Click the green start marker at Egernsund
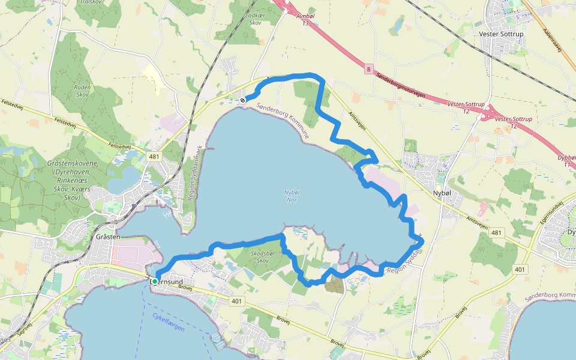click(x=155, y=281)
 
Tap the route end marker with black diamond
click(x=242, y=100)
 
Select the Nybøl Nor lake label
click(x=290, y=196)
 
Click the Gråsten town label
click(x=108, y=237)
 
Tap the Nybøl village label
click(x=445, y=193)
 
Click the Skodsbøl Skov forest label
click(x=262, y=256)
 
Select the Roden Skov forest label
click(x=82, y=91)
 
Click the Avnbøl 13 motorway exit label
click(x=306, y=20)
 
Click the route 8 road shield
click(x=368, y=70)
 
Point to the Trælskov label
click(x=91, y=2)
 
